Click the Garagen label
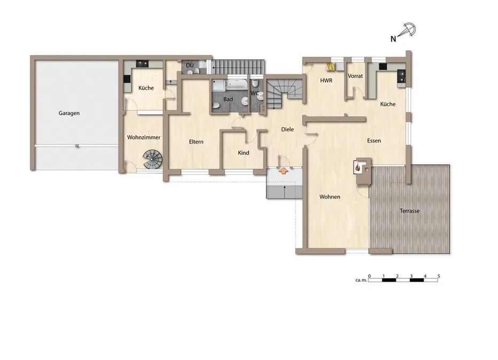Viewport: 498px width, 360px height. coord(69,113)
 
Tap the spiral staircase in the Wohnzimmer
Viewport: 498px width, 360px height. coord(153,159)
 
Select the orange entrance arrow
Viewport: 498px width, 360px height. coord(283,171)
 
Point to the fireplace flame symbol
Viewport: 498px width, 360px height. coord(358,167)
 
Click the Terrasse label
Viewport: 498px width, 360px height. coord(409,211)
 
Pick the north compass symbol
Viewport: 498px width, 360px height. coord(407,30)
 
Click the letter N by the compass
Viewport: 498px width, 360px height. coord(393,39)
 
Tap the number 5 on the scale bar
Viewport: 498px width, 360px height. coord(439,276)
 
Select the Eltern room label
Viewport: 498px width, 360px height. coord(196,142)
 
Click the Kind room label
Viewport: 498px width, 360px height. coord(243,153)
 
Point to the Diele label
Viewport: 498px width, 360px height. coord(287,129)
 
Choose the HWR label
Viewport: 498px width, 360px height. coord(326,81)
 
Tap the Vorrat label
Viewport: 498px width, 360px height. coord(355,76)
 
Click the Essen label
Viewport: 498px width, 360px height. coord(374,141)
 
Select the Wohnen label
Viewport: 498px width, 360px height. coord(330,197)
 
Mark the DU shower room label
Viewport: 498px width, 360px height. coord(189,66)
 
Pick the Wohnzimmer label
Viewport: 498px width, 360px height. coord(144,138)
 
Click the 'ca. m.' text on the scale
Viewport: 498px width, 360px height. coord(361,281)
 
